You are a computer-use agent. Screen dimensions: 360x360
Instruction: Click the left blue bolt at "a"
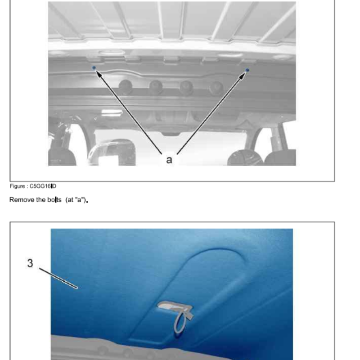tap(94, 68)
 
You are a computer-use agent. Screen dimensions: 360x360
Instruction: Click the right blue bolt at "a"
tap(247, 70)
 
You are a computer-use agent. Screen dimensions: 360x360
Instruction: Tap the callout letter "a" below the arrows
tap(169, 160)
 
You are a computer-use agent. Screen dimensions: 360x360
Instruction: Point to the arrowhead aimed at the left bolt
tap(99, 74)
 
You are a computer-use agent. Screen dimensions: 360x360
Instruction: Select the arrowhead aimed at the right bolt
tap(242, 76)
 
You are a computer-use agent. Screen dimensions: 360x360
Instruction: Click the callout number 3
tap(30, 263)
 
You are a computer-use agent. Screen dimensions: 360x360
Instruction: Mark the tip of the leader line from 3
tap(77, 288)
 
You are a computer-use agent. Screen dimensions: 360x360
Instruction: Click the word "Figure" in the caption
tap(18, 186)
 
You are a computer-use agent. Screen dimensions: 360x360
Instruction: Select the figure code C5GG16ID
tap(43, 186)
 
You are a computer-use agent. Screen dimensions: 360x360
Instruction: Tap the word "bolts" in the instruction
tap(54, 200)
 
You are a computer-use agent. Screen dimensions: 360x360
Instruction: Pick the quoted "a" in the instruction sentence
tap(80, 200)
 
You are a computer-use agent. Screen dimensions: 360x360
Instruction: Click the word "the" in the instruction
tap(41, 200)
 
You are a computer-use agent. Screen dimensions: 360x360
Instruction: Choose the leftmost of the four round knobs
tap(126, 87)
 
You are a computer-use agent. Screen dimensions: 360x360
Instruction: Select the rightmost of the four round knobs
tap(216, 88)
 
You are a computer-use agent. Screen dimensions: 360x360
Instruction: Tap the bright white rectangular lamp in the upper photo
tap(112, 112)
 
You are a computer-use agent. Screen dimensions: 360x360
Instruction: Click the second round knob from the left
tap(156, 87)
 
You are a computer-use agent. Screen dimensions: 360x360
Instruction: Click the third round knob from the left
tap(186, 88)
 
